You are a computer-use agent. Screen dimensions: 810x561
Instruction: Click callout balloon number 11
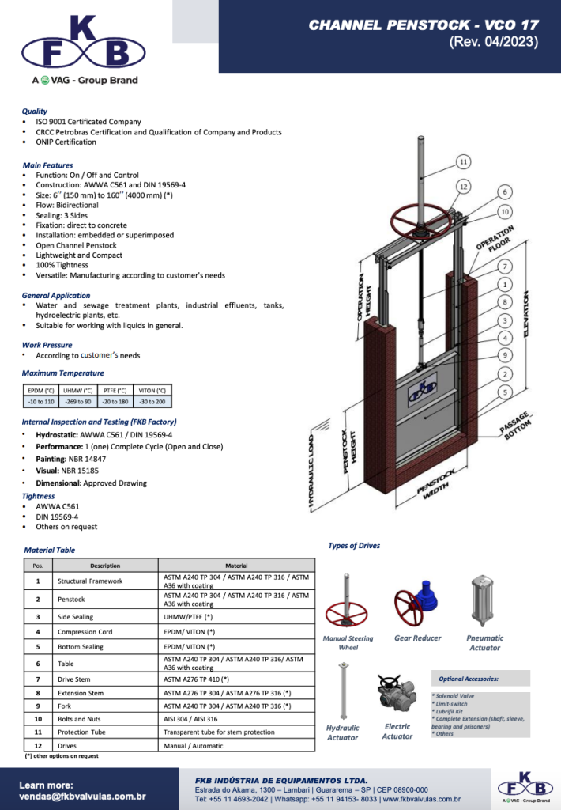tap(465, 162)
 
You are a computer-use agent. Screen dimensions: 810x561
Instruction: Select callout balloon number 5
tap(505, 392)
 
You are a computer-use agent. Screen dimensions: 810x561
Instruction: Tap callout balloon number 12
tap(465, 186)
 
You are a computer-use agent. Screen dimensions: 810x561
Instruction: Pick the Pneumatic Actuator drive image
tap(484, 601)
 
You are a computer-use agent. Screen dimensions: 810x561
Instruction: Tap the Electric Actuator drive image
tap(395, 697)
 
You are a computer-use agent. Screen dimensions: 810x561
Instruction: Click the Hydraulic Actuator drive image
tap(342, 691)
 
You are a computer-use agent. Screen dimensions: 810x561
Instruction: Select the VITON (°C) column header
tap(152, 390)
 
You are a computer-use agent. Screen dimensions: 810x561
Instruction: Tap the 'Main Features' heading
tap(47, 165)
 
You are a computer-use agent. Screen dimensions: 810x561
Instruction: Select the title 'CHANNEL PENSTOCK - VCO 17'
tap(423, 25)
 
